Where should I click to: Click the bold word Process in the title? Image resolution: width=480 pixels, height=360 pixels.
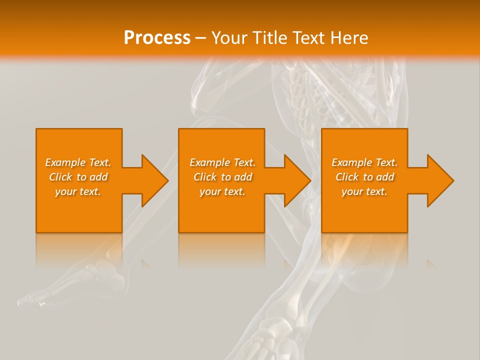point(157,38)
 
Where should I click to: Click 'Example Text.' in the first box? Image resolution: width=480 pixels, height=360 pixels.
point(78,162)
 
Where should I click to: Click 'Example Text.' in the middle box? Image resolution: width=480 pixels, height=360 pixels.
point(222,162)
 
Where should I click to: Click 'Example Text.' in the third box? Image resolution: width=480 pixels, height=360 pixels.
point(364,162)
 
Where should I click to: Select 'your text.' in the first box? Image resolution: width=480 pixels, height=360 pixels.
point(78,191)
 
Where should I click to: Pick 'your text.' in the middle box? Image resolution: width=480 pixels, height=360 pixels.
point(222,191)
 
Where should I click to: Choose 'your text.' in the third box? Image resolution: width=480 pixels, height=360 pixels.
point(364,191)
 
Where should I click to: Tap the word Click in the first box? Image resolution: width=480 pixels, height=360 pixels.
point(60,177)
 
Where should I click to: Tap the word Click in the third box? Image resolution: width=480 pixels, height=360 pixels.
point(347,177)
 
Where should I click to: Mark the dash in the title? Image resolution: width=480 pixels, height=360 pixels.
point(201,38)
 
